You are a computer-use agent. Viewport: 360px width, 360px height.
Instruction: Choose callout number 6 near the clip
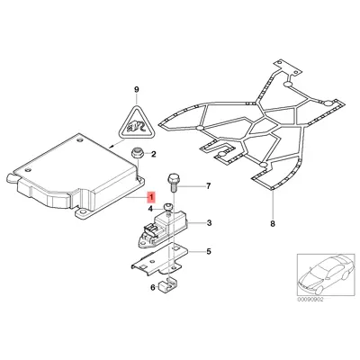pyautogui.click(x=154, y=289)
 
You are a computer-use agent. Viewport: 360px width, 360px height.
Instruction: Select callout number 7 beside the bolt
pyautogui.click(x=208, y=187)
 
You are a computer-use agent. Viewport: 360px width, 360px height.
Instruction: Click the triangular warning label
pyautogui.click(x=137, y=122)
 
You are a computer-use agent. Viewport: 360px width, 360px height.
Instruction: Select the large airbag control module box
pyautogui.click(x=72, y=175)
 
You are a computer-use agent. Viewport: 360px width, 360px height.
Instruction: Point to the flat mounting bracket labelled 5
pyautogui.click(x=166, y=262)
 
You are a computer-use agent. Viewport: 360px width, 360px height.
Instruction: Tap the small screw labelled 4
pyautogui.click(x=167, y=209)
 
